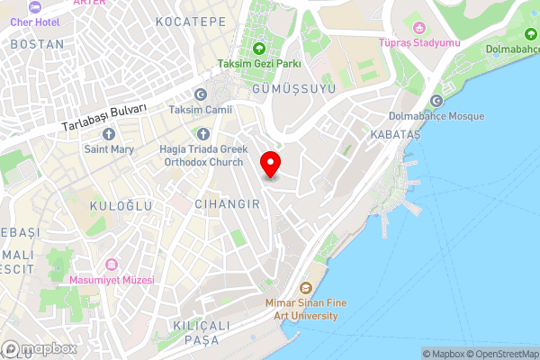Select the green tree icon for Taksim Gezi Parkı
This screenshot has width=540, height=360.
click(x=259, y=49)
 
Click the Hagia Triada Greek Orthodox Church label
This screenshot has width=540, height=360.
click(x=202, y=156)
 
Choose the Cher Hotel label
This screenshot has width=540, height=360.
click(x=35, y=21)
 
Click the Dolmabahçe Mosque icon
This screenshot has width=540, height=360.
click(x=436, y=101)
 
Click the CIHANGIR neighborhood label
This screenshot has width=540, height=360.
click(x=228, y=204)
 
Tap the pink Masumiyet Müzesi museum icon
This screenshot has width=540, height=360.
click(x=112, y=265)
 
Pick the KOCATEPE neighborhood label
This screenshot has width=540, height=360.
click(x=191, y=21)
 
